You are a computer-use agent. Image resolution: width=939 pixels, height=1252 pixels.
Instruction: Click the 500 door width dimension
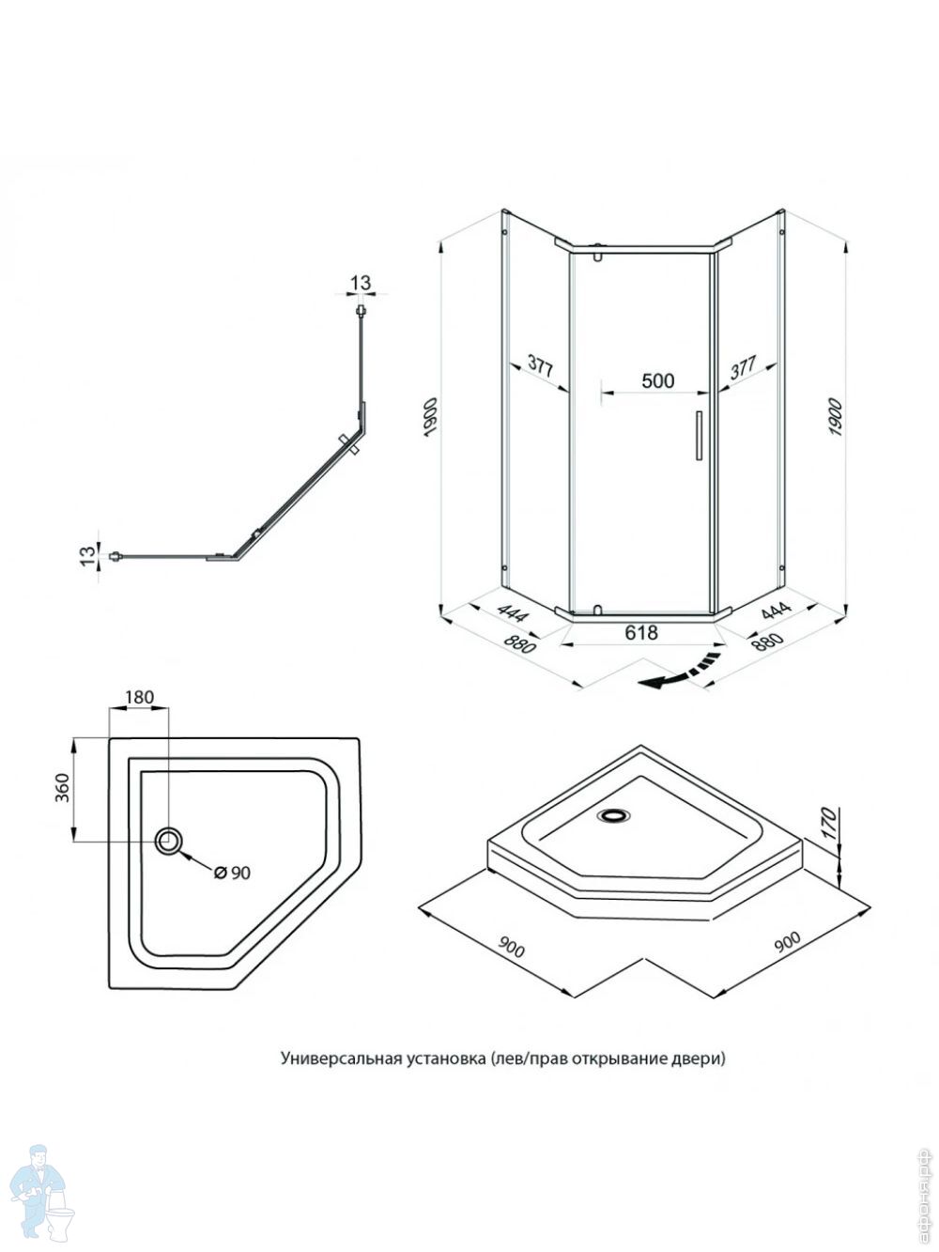[657, 380]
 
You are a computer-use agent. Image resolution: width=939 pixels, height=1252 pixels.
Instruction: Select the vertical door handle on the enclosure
[698, 436]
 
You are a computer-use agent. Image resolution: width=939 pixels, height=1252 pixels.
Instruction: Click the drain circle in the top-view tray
[170, 841]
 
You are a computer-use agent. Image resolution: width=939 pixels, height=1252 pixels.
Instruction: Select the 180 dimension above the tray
[138, 697]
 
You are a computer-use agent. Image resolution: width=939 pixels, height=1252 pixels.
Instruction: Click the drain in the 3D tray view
[615, 815]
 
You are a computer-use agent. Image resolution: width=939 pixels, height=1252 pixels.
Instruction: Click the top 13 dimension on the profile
[361, 283]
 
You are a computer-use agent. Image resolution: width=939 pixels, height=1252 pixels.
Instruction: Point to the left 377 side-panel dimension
[538, 367]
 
